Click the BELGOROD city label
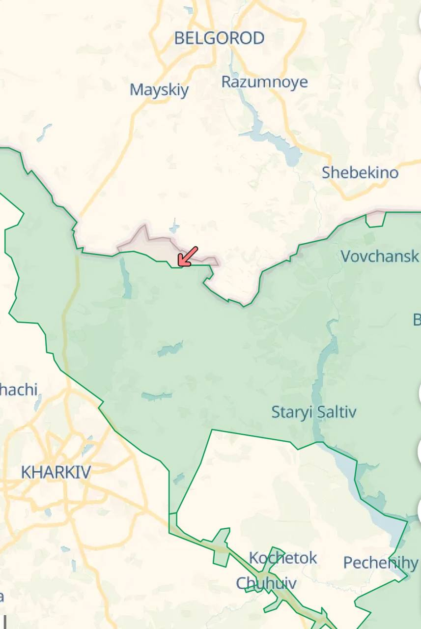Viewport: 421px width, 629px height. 219,38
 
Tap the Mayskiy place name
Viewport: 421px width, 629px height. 159,90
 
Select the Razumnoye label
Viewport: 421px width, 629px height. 264,82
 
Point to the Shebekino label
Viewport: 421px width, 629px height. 360,172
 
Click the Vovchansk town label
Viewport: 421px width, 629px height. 380,256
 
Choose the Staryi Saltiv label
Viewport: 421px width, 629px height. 314,412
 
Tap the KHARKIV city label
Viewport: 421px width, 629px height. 56,472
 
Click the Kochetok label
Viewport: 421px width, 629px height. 283,558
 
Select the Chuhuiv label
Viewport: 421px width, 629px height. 266,583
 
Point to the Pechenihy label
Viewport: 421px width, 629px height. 381,563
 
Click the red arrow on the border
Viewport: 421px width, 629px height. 187,257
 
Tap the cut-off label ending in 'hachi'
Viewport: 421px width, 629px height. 19,390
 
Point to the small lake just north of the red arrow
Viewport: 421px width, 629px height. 173,227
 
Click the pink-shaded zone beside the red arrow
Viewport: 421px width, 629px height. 147,242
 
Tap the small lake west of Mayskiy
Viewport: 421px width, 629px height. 45,131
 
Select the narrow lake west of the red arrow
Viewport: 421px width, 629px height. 125,278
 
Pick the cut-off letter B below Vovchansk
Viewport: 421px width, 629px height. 417,320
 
